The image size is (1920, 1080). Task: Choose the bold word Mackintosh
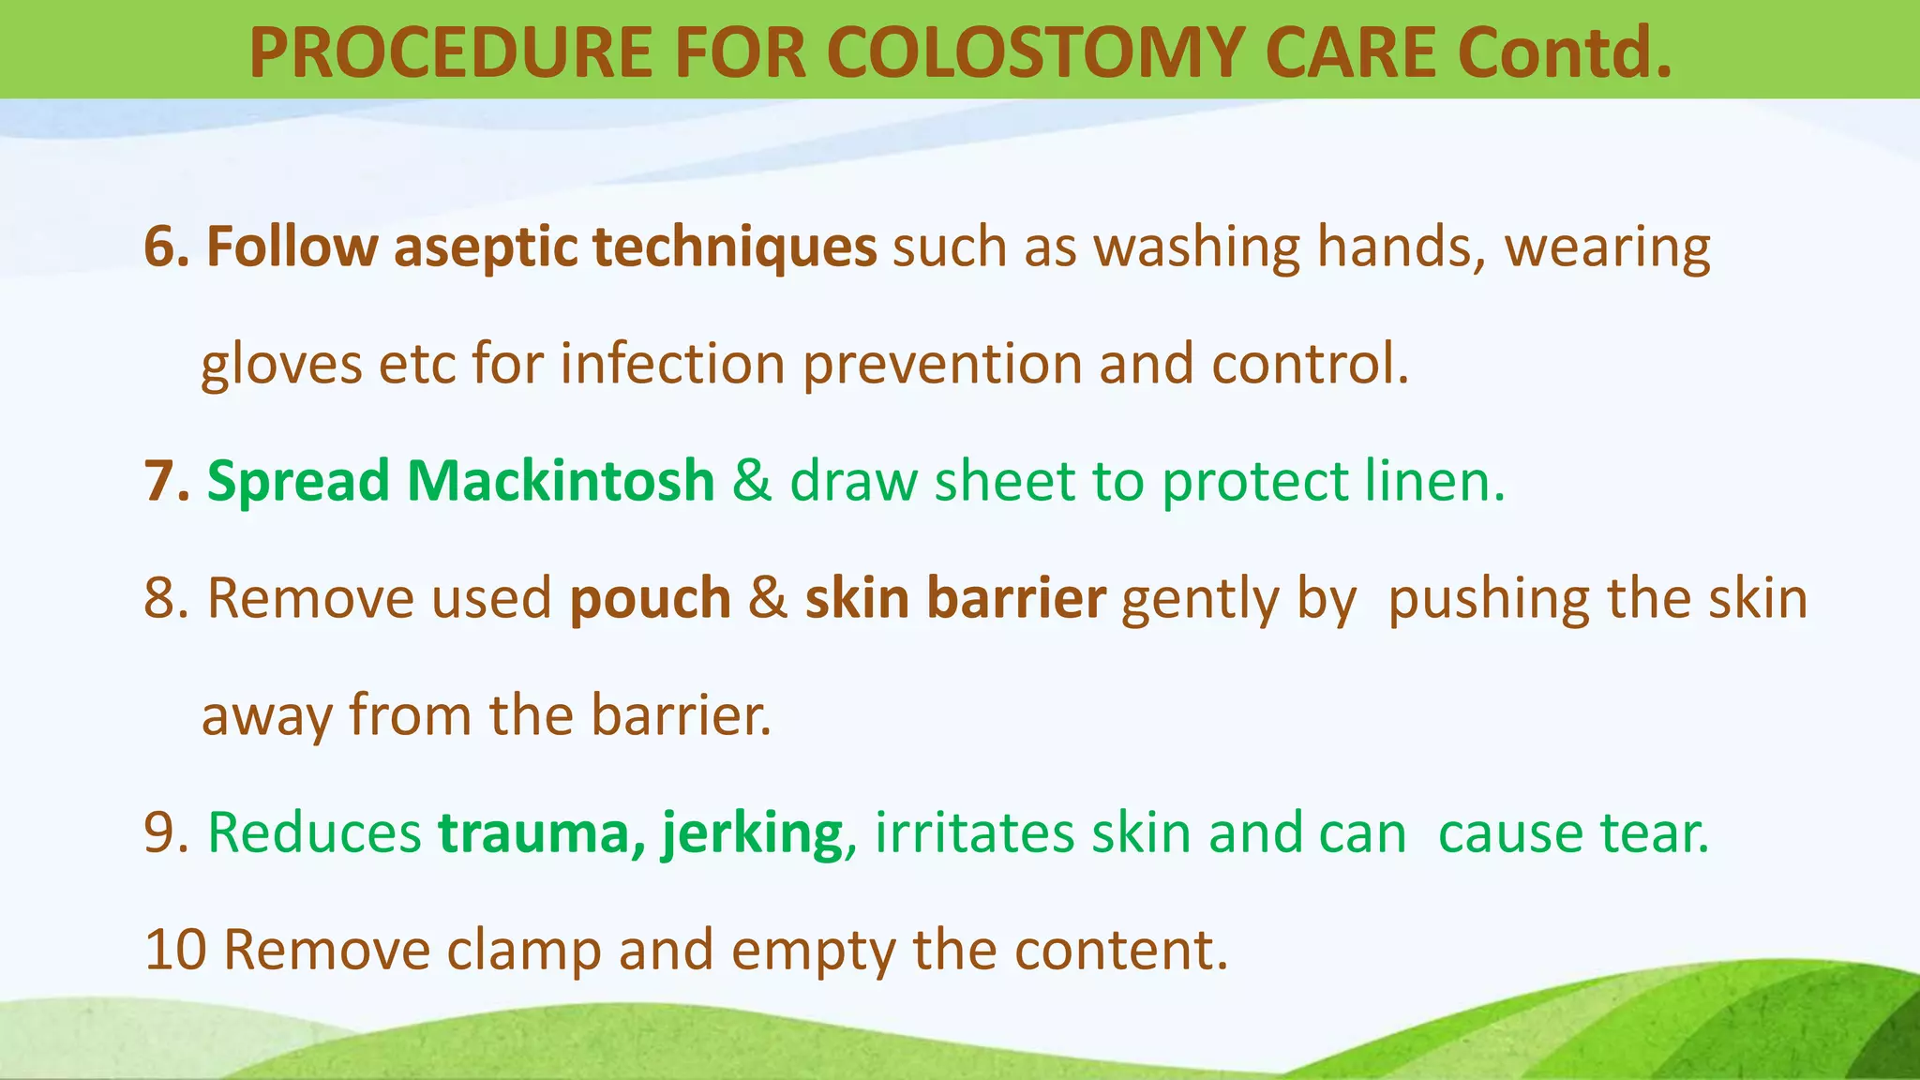(x=560, y=482)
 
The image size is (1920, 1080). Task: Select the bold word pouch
(x=650, y=600)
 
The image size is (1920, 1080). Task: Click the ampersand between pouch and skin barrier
(x=768, y=600)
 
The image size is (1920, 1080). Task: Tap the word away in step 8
(x=267, y=716)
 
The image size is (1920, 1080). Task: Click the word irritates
(x=974, y=833)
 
